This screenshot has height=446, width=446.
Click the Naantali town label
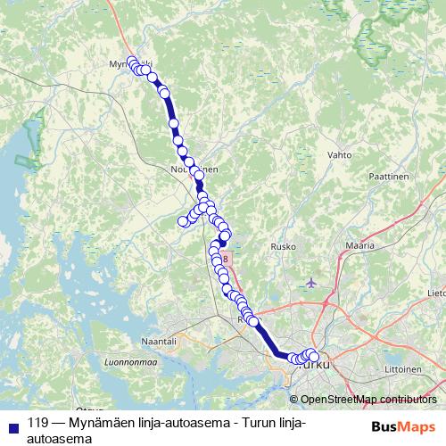[x=160, y=341]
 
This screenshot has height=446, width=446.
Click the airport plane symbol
[x=310, y=283]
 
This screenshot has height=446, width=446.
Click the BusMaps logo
[x=403, y=426]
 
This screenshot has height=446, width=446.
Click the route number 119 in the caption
[x=38, y=423]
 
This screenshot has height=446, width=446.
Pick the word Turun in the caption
[x=260, y=423]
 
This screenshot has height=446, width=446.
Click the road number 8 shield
[x=226, y=259]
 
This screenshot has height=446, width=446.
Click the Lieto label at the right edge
[x=436, y=292]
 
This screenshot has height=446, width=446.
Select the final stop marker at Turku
[x=313, y=358]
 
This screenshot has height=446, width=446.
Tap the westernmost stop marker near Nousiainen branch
[x=184, y=221]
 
